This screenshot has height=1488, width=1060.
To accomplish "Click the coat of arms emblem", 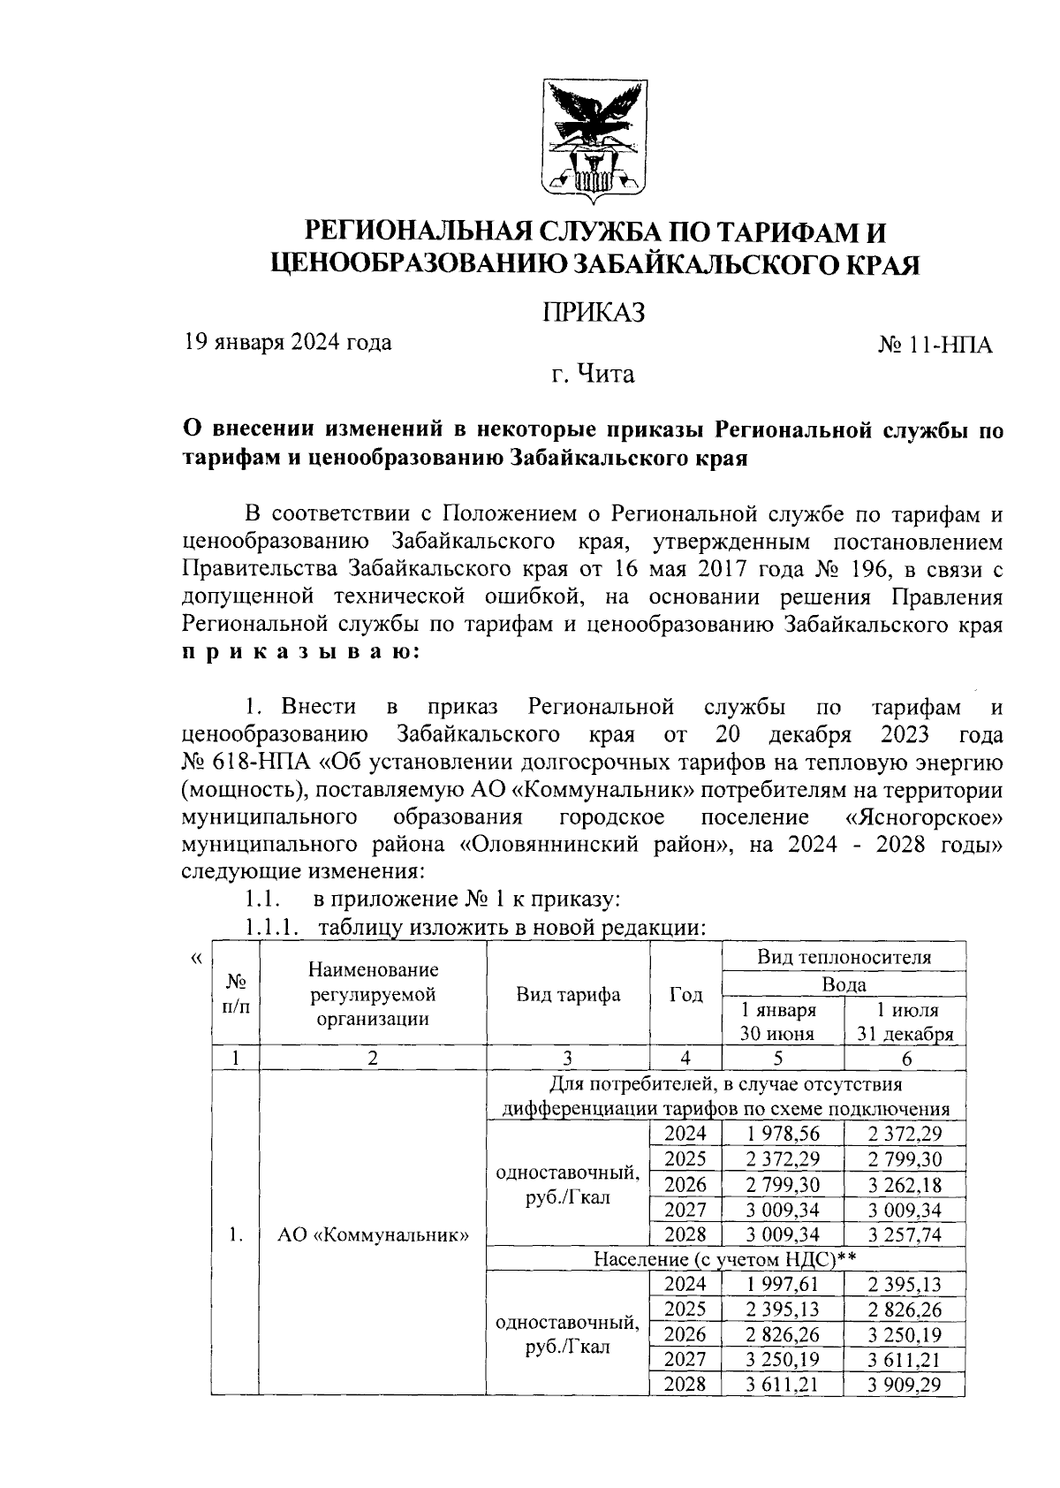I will (x=593, y=140).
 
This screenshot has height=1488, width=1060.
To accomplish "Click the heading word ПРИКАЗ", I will (x=593, y=312).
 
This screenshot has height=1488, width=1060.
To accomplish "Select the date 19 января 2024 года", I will (x=287, y=342).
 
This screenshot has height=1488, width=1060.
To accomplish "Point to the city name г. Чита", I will (x=593, y=375).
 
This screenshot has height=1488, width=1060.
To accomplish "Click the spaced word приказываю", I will (x=300, y=654).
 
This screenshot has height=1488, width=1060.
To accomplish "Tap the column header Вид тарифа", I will (x=568, y=995).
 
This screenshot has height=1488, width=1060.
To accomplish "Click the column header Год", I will (x=685, y=995).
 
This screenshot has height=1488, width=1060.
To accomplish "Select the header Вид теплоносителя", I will (x=844, y=958).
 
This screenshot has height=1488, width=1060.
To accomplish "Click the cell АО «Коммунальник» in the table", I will (x=373, y=1235).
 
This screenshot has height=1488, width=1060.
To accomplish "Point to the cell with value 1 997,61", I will (x=783, y=1285).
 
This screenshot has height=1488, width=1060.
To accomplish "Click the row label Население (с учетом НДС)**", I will (x=725, y=1259).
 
